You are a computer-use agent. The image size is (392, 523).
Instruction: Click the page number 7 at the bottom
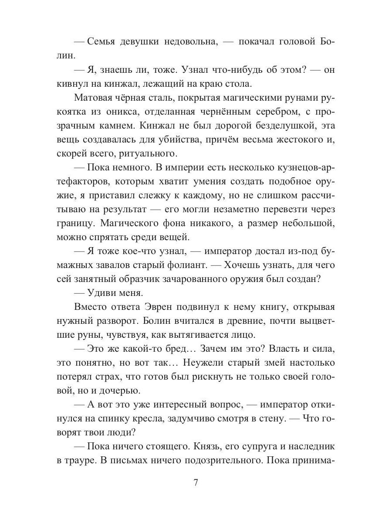[x=196, y=483]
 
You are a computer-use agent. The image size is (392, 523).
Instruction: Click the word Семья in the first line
[x=103, y=42]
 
